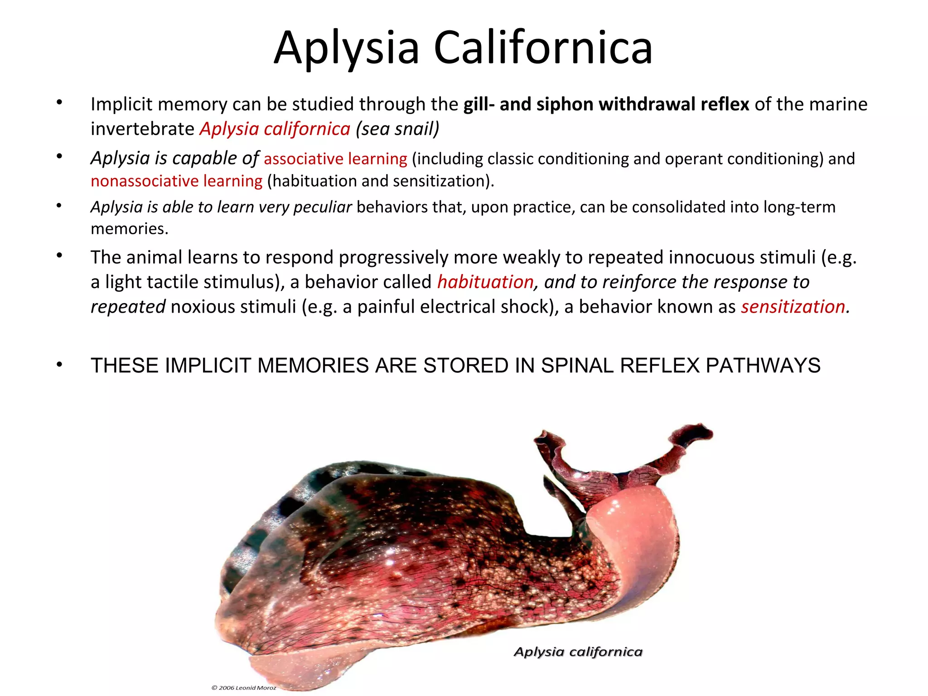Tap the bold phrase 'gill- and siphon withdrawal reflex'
(606, 104)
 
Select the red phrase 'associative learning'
(335, 159)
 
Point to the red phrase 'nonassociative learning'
(176, 181)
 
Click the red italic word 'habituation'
(485, 282)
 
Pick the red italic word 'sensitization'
(793, 307)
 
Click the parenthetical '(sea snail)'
(397, 129)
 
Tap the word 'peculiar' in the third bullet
(323, 207)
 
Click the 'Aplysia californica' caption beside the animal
(578, 652)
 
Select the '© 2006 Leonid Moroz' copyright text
(243, 687)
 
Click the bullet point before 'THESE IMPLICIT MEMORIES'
(59, 365)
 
